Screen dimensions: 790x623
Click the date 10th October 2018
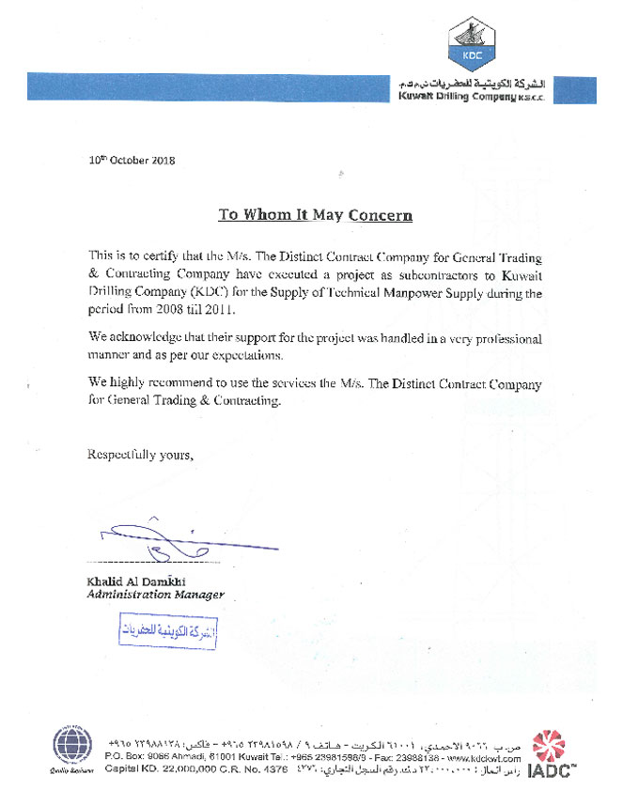[x=132, y=161]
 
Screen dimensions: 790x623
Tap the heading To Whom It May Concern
[x=316, y=215]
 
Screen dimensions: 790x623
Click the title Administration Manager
[x=156, y=595]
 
